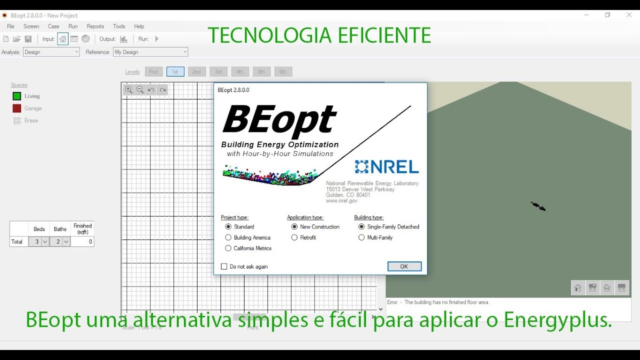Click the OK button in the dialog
pyautogui.click(x=404, y=266)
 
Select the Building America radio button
pyautogui.click(x=228, y=237)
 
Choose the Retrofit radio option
pyautogui.click(x=294, y=237)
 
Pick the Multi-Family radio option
pyautogui.click(x=361, y=237)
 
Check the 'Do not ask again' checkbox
pyautogui.click(x=224, y=266)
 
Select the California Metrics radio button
pyautogui.click(x=228, y=248)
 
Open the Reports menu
pyautogui.click(x=95, y=26)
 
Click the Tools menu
pyautogui.click(x=119, y=26)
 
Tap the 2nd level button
pyautogui.click(x=196, y=71)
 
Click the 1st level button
pyautogui.click(x=175, y=71)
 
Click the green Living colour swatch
pyautogui.click(x=17, y=96)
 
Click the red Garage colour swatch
pyautogui.click(x=17, y=108)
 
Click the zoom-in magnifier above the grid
pyautogui.click(x=128, y=89)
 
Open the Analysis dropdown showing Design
pyautogui.click(x=51, y=52)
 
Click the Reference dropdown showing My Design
pyautogui.click(x=150, y=52)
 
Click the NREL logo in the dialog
pyautogui.click(x=386, y=166)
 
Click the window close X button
pyautogui.click(x=629, y=15)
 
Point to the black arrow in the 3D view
pyautogui.click(x=538, y=206)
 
